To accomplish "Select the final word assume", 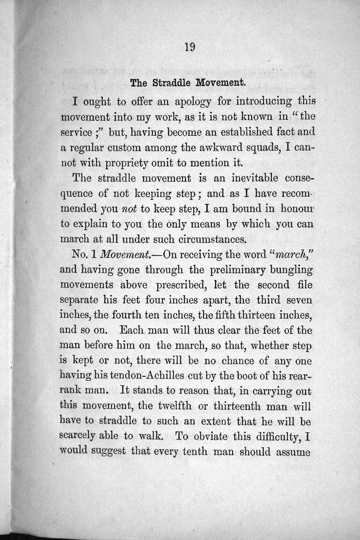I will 293,453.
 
